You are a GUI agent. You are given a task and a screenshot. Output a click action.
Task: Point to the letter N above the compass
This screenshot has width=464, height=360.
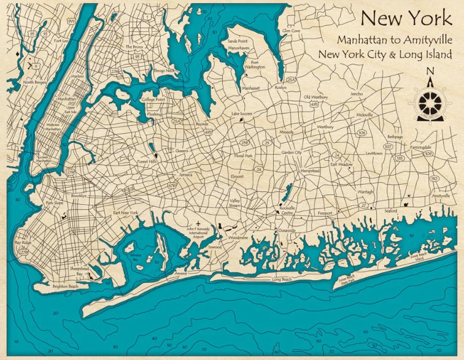point(430,70)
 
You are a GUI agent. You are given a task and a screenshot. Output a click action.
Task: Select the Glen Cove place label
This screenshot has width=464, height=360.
point(290,30)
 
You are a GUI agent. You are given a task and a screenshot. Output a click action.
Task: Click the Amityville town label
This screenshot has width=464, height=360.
point(441,196)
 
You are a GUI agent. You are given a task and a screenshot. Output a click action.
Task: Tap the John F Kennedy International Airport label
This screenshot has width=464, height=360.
point(198,234)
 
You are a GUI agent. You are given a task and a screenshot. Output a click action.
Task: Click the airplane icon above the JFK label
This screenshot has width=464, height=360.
point(198,223)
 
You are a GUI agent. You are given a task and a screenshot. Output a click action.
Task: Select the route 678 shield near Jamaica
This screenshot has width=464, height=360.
point(172,185)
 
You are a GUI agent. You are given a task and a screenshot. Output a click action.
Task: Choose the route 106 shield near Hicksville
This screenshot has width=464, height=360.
point(362,132)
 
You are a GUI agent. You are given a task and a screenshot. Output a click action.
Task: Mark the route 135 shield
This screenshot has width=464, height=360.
point(400,158)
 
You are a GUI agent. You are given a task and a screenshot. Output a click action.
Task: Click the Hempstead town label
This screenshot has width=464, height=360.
point(310,170)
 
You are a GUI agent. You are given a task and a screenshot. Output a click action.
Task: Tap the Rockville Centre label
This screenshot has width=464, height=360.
point(287,211)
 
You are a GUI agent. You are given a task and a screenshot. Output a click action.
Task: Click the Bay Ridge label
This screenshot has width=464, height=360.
point(21,244)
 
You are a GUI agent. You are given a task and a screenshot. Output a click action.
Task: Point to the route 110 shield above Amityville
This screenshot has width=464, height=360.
point(434,178)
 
